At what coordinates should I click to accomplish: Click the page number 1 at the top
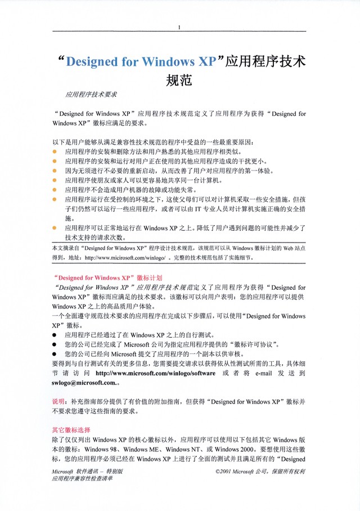click(179, 27)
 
